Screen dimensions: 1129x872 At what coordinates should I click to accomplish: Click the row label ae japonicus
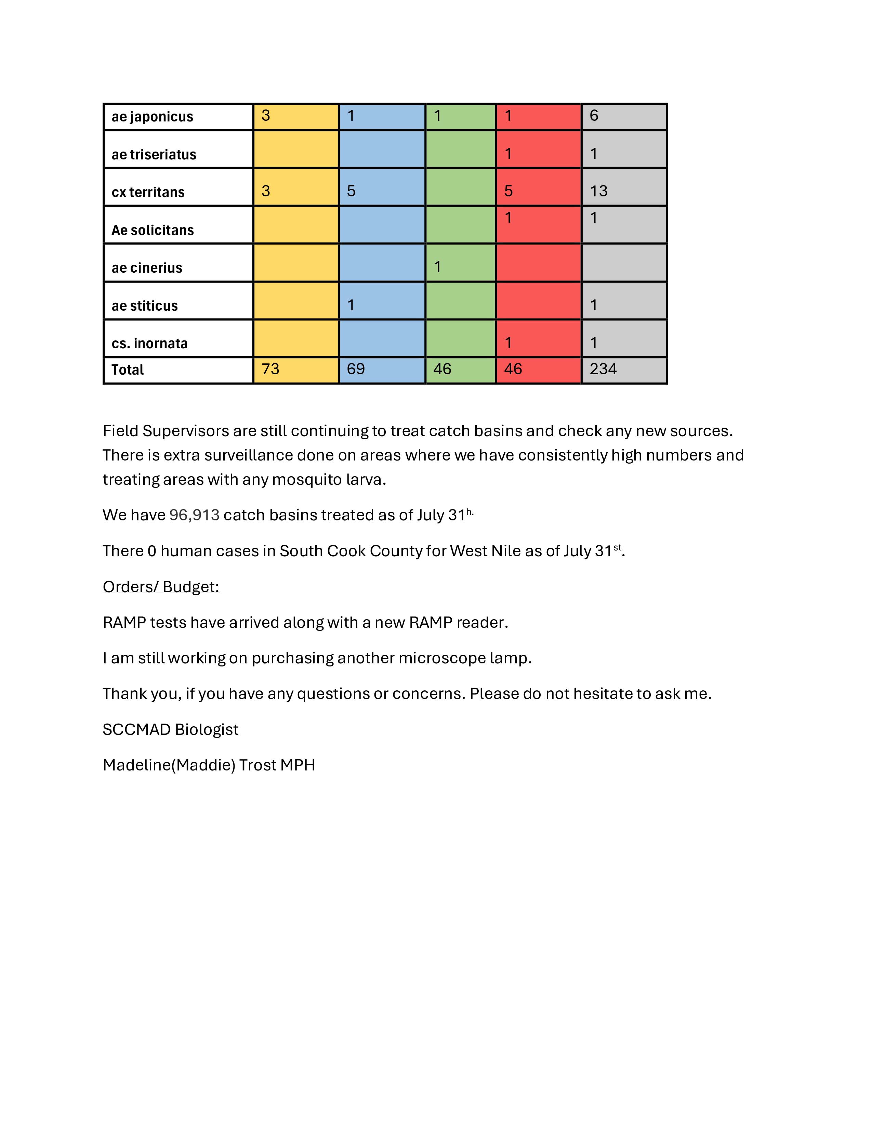[x=153, y=117]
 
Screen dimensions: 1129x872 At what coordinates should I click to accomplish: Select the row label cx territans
[x=148, y=192]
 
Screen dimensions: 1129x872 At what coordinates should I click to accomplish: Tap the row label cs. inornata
[x=150, y=344]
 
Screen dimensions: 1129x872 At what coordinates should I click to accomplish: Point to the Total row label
[x=128, y=370]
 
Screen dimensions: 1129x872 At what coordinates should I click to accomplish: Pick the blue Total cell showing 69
[x=356, y=369]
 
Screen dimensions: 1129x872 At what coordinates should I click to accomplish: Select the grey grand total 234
[x=603, y=369]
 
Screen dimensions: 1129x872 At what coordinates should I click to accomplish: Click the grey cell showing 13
[x=599, y=191]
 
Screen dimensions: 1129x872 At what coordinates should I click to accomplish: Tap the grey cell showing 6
[x=594, y=115]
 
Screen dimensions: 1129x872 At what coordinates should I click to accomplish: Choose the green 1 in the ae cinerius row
[x=438, y=267]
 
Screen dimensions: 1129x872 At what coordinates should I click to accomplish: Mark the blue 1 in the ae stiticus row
[x=351, y=305]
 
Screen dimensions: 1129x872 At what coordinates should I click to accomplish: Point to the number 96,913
[x=194, y=515]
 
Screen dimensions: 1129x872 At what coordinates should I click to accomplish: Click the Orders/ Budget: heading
[x=161, y=587]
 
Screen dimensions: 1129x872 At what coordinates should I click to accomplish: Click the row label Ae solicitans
[x=153, y=231]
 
